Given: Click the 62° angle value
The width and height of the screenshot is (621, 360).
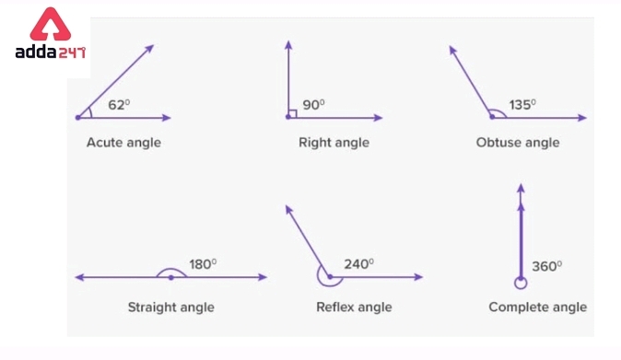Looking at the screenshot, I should tap(119, 105).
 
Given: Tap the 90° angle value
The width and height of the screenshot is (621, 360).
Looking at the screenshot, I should tap(314, 105).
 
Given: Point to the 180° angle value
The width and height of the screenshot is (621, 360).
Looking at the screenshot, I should tap(203, 263).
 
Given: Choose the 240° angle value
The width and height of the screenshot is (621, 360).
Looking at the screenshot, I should tap(358, 263).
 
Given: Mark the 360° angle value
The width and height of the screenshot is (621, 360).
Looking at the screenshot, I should tap(546, 266).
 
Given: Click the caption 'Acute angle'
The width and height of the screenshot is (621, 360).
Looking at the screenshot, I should tap(123, 143).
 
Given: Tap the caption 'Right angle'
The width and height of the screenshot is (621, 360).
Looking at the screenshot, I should tap(334, 143).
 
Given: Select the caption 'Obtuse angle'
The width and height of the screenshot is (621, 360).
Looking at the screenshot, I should tap(518, 143).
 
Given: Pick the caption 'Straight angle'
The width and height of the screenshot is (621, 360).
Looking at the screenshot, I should tap(170, 307).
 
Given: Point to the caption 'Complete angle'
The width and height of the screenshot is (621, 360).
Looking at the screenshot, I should tap(537, 307).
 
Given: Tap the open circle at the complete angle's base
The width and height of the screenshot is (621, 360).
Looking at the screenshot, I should tap(521, 282).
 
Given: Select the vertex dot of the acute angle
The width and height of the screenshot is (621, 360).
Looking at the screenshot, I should tap(77, 118).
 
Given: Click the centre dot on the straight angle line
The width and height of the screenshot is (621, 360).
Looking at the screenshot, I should tap(170, 277).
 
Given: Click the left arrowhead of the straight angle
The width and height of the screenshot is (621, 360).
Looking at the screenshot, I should tap(79, 277).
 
